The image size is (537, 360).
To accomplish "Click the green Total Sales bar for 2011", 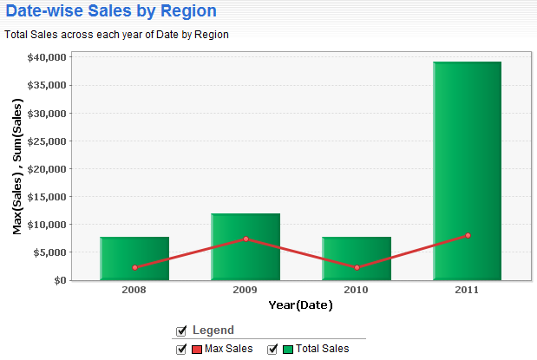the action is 467,171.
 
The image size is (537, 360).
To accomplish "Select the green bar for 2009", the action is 246,247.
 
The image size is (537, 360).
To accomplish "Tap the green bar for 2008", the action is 134,259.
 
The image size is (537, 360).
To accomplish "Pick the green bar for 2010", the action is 357,259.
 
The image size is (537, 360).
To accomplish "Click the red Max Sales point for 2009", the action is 246,239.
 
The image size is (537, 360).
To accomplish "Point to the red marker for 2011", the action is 468,235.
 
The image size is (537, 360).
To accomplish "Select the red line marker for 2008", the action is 135,267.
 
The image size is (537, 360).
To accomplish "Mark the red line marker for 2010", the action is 357,267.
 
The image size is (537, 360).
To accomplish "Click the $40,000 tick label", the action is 47,57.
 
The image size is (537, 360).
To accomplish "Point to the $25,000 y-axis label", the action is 47,141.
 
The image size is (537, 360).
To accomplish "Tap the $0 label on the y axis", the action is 60,280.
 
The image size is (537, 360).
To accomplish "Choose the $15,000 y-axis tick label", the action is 47,197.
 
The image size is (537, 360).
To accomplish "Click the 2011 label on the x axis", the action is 467,290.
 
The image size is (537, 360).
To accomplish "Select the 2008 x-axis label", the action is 134,290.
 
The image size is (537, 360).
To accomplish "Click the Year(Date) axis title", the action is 300,304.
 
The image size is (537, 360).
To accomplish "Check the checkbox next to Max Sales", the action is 181,349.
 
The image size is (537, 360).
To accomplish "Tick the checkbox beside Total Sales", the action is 272,349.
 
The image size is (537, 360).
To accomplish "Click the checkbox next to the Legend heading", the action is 181,331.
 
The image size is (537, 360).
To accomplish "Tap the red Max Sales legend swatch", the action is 197,350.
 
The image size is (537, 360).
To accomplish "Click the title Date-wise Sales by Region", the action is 111,10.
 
